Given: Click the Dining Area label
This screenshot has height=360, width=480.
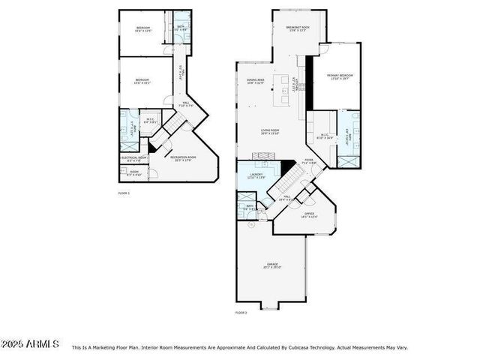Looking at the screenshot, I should (256, 81).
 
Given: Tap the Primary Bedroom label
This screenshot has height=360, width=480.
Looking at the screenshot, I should (339, 76).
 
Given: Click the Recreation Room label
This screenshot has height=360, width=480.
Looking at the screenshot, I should (185, 158).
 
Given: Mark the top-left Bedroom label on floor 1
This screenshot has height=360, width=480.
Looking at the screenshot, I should (143, 29).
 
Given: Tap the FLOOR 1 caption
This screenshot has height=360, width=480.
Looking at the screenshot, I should (124, 193).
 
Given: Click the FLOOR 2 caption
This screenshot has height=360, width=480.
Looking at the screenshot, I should (241, 312).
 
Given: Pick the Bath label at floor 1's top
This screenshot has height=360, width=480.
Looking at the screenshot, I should (181, 28).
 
